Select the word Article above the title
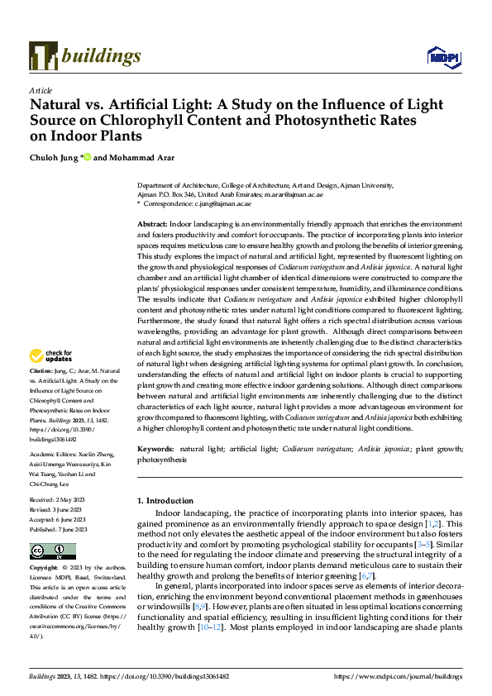[41, 89]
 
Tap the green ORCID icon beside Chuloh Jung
[87, 158]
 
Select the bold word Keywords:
[155, 449]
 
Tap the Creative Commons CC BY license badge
[52, 551]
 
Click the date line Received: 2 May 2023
[60, 501]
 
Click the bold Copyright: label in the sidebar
[45, 569]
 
